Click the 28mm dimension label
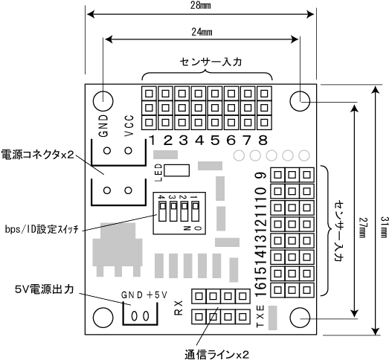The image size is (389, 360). pos(201,5)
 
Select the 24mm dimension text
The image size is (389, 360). pos(202,32)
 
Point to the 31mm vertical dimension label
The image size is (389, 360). pos(384,227)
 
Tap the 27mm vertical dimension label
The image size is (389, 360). pos(364,228)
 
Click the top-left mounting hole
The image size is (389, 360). pos(103,101)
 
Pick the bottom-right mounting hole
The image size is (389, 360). pos(300,318)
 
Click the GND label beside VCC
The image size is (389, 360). pos(103,126)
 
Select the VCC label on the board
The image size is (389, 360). pos(129,126)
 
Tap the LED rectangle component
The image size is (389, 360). pos(176,170)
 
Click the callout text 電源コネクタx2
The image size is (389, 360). pos(38,155)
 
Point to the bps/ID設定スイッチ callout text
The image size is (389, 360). pos(42,229)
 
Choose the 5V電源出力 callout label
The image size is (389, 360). pos(45,289)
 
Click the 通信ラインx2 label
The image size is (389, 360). pos(216,354)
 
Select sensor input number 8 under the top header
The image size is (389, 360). pos(263,140)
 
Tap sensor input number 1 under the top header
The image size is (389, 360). pos(152,140)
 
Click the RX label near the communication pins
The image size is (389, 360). pos(179,308)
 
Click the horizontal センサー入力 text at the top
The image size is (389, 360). pos(210,62)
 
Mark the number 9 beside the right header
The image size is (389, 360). pos(261,176)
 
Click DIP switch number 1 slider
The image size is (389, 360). pos(195,212)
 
